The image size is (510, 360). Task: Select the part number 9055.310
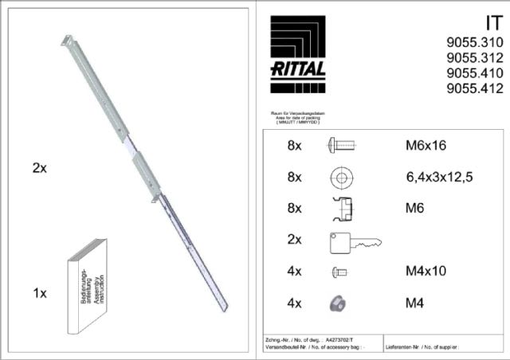(474, 43)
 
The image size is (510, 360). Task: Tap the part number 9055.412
(474, 88)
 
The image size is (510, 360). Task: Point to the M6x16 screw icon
(341, 146)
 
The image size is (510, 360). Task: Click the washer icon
(342, 177)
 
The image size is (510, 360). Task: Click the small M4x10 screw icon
(338, 272)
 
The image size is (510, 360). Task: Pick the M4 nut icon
(339, 303)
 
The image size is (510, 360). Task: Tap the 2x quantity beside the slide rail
(40, 168)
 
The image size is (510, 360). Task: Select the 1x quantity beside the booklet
(40, 293)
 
